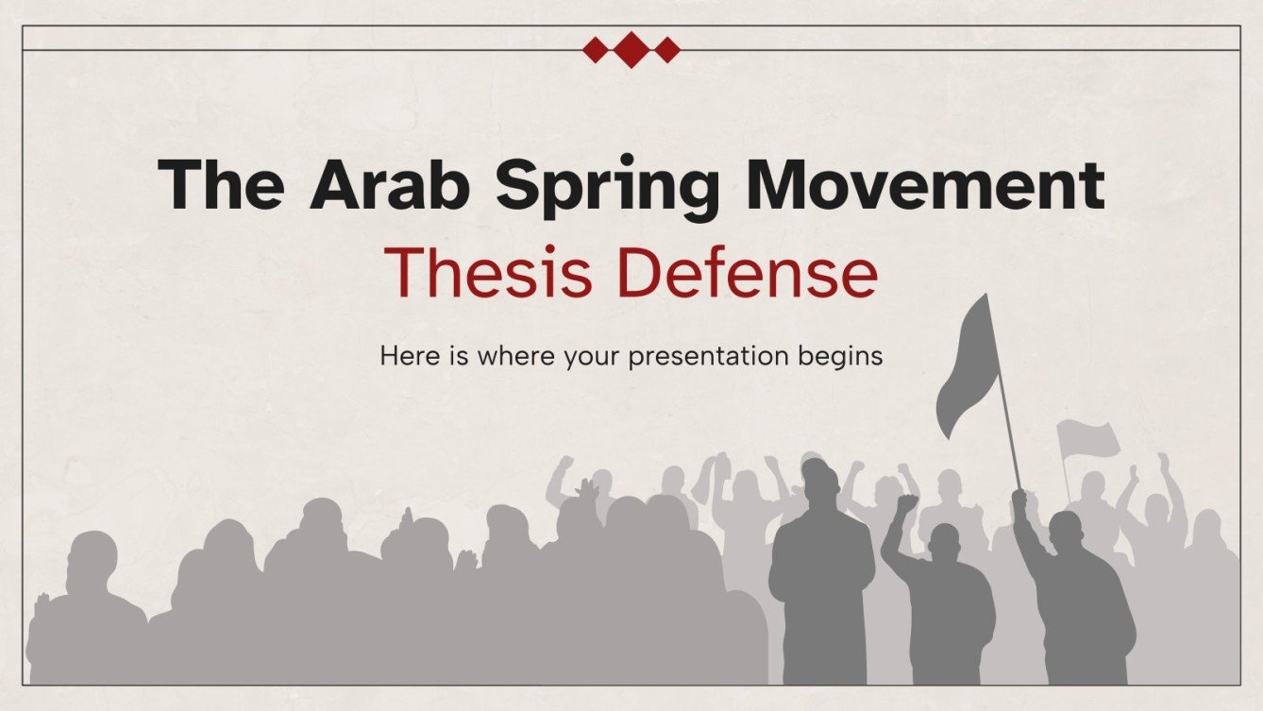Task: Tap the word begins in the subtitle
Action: [x=839, y=357]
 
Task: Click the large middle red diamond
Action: [x=632, y=49]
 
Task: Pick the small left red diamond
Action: [x=596, y=49]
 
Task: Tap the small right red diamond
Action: [x=667, y=49]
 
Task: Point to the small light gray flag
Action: [x=1087, y=439]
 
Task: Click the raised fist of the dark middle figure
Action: [x=907, y=503]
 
